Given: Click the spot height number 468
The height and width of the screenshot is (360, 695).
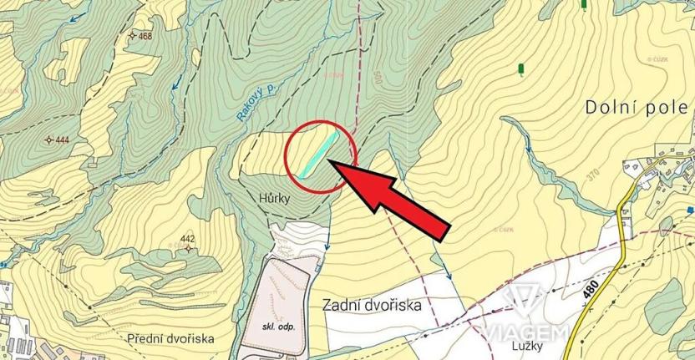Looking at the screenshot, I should pos(146,37).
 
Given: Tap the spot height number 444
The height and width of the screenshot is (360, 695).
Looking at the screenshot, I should pos(62,139).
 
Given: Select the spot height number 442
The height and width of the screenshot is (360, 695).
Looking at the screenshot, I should pos(187,239).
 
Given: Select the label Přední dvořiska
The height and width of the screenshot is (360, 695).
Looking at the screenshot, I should pos(172,338).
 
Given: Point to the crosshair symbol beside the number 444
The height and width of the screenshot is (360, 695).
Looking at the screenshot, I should pos(48,139).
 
